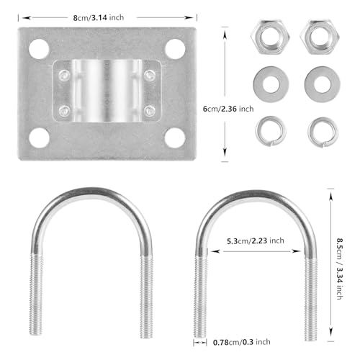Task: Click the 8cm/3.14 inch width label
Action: click(99, 18)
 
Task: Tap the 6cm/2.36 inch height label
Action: click(228, 109)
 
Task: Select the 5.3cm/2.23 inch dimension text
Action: click(256, 240)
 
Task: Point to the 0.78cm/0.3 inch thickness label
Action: click(242, 342)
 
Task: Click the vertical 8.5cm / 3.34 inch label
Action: click(339, 269)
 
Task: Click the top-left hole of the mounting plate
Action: click(39, 49)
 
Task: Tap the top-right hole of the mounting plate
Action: click(175, 49)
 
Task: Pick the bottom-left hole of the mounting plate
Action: click(39, 138)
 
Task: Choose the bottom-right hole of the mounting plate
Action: click(175, 138)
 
